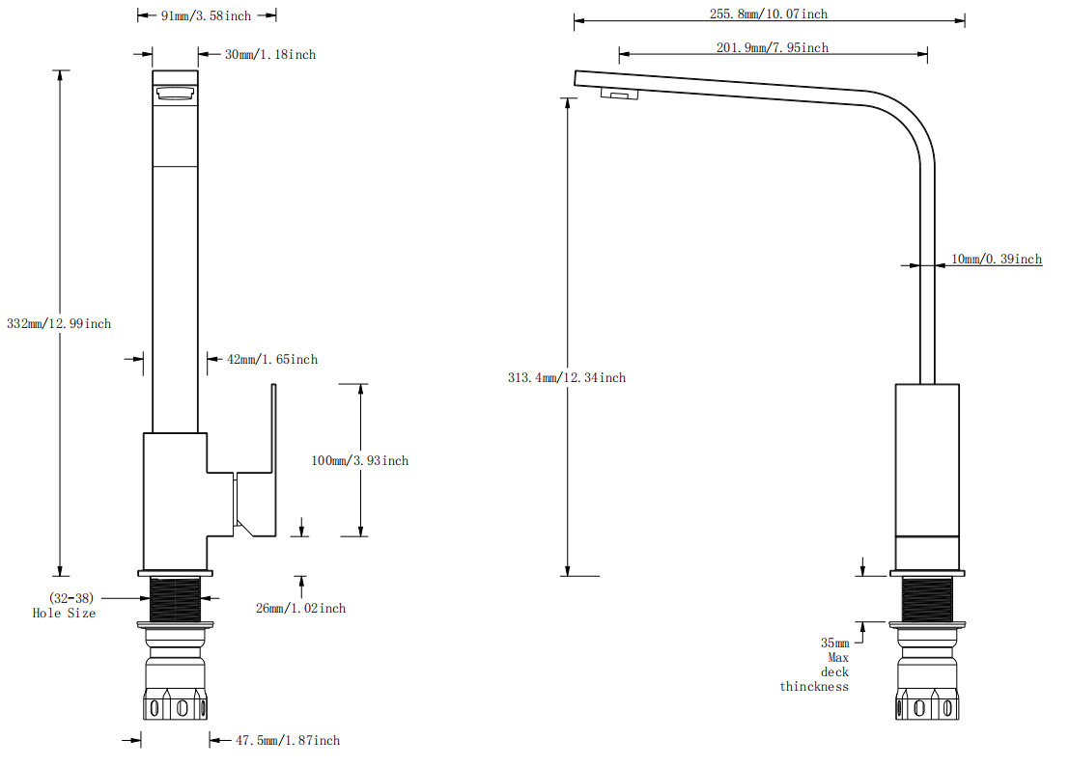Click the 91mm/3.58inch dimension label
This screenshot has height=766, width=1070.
206,15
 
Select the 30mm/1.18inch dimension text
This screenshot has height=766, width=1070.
270,55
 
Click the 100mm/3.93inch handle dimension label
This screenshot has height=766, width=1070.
359,461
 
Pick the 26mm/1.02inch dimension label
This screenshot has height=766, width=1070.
300,609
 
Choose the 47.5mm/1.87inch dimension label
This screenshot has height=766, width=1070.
288,741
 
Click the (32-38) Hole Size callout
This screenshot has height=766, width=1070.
65,606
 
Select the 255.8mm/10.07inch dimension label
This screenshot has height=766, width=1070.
769,14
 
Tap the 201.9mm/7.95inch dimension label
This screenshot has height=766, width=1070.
772,47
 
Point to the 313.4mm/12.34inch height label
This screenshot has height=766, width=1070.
567,378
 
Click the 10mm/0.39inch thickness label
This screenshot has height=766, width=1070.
997,260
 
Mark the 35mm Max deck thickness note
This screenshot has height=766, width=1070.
816,665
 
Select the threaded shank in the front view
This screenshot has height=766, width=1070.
175,599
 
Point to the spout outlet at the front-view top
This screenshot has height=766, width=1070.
175,93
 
